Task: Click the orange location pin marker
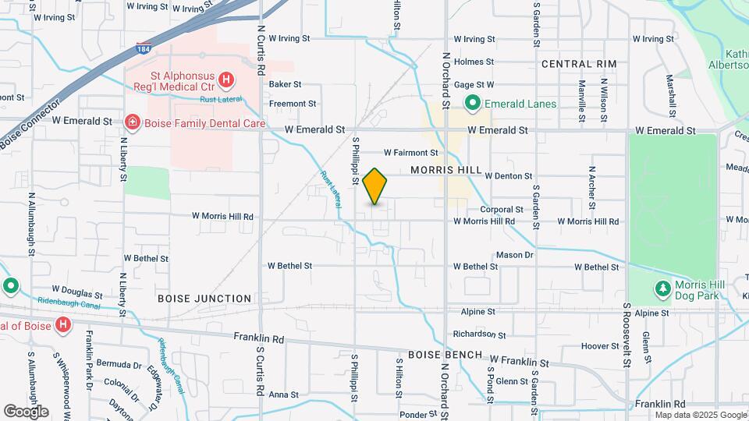point(375,186)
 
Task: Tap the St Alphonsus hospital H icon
point(225,79)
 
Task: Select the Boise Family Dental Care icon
point(132,122)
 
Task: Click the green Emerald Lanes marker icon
point(471,103)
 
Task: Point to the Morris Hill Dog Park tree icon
point(662,290)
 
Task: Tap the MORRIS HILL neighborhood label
point(442,171)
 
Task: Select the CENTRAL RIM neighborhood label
point(578,64)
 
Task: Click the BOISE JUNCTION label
point(204,299)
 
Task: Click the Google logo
point(26,411)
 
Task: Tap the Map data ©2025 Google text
point(701,415)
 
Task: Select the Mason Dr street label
point(514,255)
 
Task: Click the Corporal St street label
point(501,210)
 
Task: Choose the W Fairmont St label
point(410,153)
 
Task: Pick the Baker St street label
point(285,83)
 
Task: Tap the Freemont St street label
point(293,103)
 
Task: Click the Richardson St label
point(480,334)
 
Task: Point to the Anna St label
point(284,395)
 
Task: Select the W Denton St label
point(508,176)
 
